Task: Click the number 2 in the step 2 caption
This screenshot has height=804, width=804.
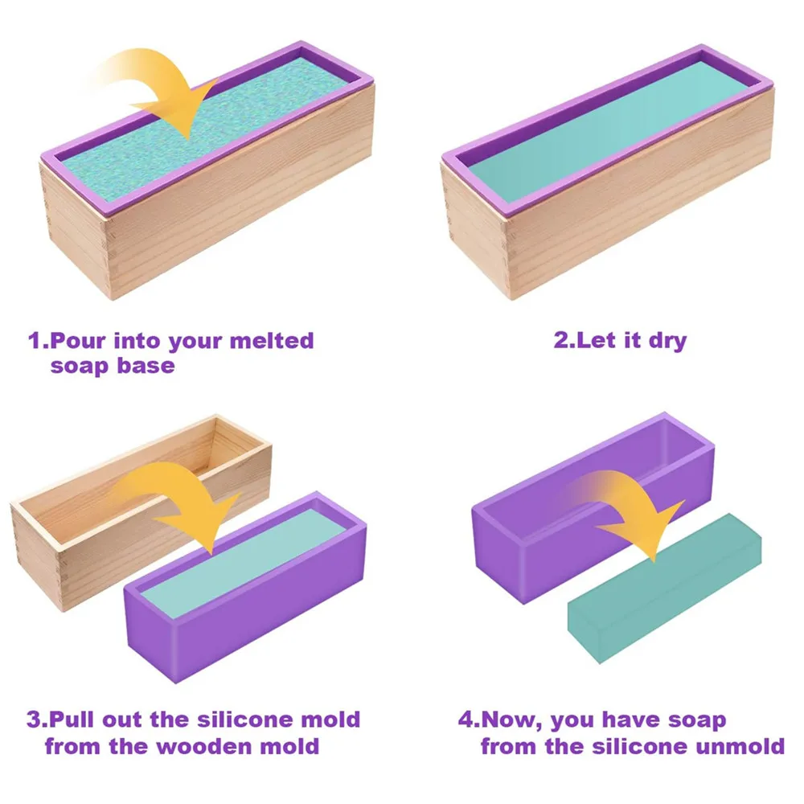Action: click(560, 340)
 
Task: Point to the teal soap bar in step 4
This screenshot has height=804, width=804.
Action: click(663, 591)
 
